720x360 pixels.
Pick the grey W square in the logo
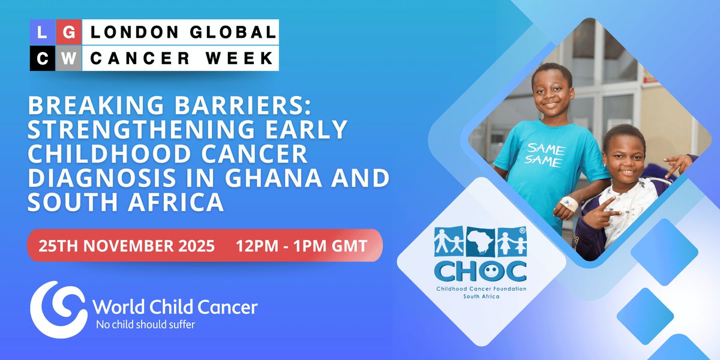pos(69,58)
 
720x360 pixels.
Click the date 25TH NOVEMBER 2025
pos(127,245)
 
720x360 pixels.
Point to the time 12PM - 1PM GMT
pos(302,245)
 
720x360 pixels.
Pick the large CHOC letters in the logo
pos(481,271)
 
